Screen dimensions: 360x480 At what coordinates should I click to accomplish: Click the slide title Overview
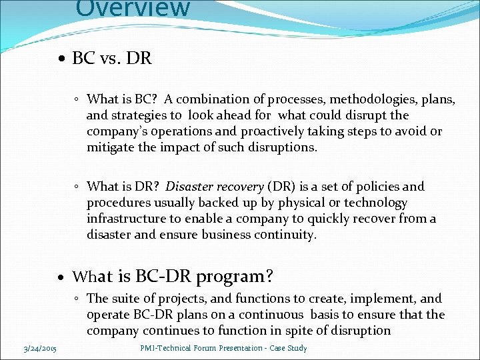133,8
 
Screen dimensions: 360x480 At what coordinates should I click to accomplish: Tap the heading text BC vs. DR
112,59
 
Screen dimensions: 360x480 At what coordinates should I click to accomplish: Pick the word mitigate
110,148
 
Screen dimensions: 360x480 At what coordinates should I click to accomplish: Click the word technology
375,203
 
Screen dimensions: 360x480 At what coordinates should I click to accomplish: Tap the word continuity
285,235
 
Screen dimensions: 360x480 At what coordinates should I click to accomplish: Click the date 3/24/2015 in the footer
39,348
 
